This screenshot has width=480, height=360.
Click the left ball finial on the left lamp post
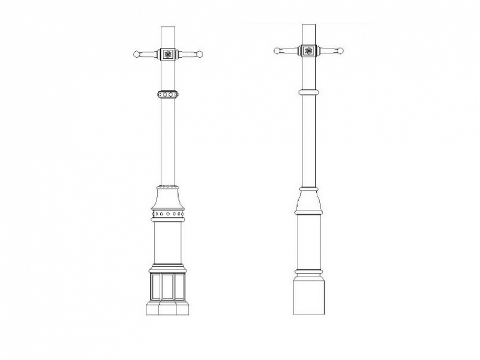137,55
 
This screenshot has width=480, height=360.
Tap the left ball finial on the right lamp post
277,51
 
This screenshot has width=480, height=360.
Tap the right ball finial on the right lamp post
340,51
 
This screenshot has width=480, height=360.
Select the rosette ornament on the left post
168,55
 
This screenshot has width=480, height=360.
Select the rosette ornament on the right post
308,51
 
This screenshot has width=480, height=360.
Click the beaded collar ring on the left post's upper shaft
168,94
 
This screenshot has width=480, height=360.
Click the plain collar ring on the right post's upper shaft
308,92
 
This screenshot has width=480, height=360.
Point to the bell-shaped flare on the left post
168,197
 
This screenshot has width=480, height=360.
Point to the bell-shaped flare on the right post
308,200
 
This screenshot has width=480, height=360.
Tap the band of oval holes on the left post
168,214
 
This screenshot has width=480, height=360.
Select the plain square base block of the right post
308,295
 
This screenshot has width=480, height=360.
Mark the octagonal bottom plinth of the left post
168,308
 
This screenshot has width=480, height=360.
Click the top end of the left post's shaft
168,28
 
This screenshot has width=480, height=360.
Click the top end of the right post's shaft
308,26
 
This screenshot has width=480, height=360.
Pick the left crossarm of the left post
150,55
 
